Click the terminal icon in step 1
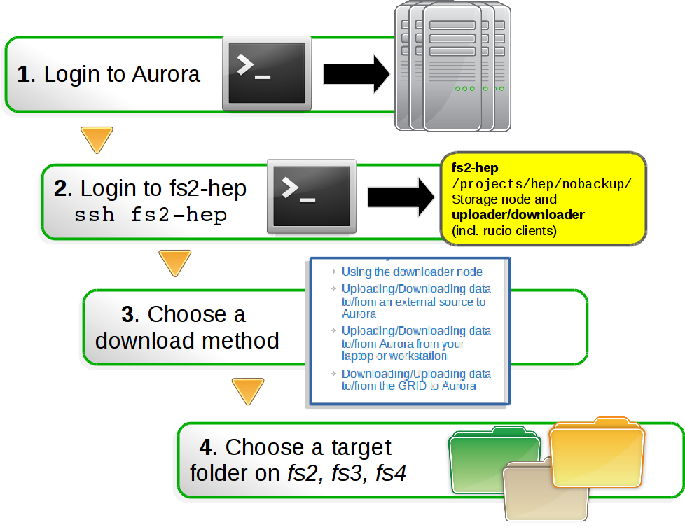point(267,73)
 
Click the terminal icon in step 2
point(312,197)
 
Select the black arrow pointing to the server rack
point(356,74)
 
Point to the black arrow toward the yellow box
point(401,197)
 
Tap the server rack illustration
point(452,66)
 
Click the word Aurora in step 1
point(166,74)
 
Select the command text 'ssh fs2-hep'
point(151,215)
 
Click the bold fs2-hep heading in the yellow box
point(475,168)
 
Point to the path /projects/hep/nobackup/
point(541,184)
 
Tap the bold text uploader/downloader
point(518,215)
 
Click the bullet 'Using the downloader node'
point(412,272)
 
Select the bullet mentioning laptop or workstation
point(416,343)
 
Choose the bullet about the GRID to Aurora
point(416,380)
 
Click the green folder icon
point(495,461)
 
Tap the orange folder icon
point(597,452)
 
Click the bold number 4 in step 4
point(205,447)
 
